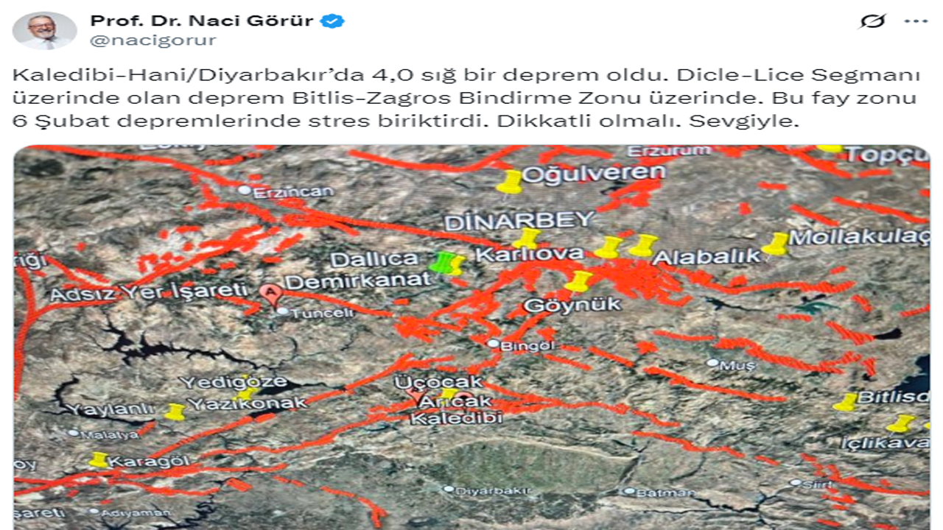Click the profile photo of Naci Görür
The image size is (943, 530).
click(x=44, y=30)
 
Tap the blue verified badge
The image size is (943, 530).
click(x=332, y=21)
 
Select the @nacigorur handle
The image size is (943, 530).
click(x=153, y=40)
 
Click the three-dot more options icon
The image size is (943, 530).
click(x=916, y=21)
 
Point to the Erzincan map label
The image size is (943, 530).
click(x=292, y=192)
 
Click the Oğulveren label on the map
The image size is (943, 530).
click(x=594, y=173)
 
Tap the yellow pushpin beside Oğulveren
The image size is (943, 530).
click(x=509, y=181)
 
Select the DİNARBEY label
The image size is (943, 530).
click(x=519, y=219)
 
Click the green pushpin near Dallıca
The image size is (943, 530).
click(x=441, y=261)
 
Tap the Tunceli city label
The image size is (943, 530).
click(x=310, y=313)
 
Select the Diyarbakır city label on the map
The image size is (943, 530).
click(x=483, y=490)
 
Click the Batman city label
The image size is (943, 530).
click(x=655, y=492)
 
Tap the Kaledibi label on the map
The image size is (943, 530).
click(x=456, y=418)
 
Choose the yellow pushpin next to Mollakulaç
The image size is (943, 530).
click(x=777, y=244)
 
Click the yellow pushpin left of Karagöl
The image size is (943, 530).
click(x=99, y=460)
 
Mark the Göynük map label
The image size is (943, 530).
click(x=572, y=305)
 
